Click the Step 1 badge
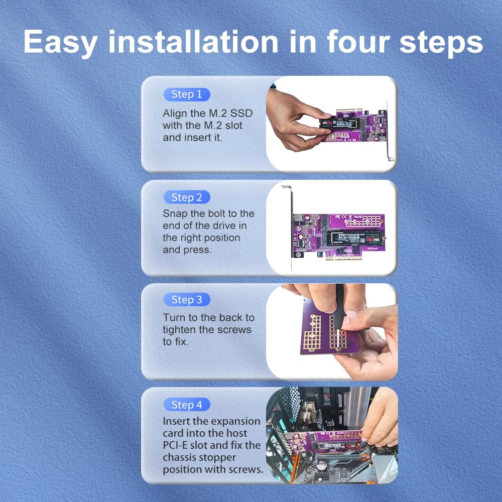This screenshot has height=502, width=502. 187,94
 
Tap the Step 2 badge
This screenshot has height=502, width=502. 187,197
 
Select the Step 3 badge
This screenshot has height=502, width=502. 187,300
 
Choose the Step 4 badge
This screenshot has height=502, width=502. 187,405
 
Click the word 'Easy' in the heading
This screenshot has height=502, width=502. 61,43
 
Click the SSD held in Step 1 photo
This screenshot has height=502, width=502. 338,123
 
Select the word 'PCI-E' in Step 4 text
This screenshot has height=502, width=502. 175,445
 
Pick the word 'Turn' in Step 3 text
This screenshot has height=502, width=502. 174,318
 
